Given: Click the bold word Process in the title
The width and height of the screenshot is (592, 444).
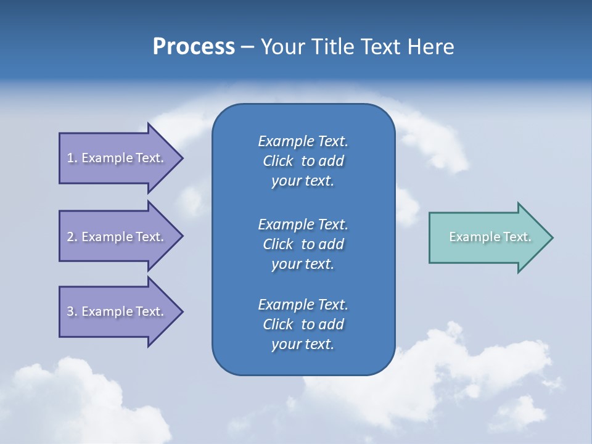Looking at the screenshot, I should pos(194,47).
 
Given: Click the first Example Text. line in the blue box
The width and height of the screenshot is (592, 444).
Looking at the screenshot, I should pos(303,141).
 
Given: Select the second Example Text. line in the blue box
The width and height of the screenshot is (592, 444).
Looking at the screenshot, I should pos(303,224).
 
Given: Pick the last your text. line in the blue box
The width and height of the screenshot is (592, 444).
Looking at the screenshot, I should pos(303,345).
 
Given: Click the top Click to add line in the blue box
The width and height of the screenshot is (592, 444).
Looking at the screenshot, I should pos(303,161).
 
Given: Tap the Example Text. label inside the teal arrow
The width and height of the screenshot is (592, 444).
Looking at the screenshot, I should pos(490,237).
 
